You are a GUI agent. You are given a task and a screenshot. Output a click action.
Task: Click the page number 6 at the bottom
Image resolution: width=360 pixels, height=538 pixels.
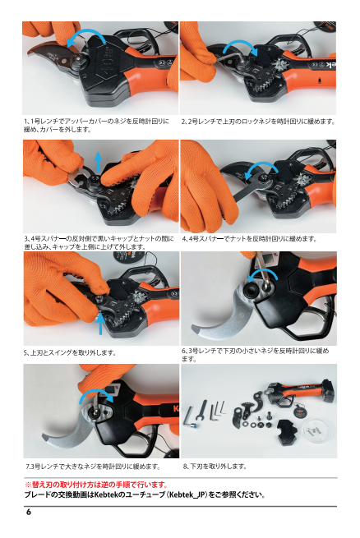tap(29, 512)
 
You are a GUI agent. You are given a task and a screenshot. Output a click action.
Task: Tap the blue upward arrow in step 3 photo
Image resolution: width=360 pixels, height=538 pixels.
tap(98, 161)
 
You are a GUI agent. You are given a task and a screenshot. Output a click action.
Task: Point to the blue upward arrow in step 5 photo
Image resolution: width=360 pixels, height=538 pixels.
tap(100, 324)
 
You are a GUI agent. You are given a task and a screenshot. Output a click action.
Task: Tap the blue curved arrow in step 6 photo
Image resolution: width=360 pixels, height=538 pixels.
tap(262, 270)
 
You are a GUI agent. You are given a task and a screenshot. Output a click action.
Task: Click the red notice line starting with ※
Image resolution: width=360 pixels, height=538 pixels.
tap(96, 485)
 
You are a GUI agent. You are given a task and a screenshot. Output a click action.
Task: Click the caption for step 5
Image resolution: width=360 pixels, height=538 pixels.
tap(70, 352)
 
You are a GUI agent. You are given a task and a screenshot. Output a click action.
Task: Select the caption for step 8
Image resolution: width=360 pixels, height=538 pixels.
tap(215, 467)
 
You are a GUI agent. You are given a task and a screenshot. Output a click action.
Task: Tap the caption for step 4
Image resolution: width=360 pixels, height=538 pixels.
tap(249, 239)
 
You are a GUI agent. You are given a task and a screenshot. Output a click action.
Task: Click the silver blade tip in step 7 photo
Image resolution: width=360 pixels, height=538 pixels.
tap(48, 437)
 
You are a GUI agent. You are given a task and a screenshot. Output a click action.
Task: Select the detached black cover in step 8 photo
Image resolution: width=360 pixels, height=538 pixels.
tap(289, 430)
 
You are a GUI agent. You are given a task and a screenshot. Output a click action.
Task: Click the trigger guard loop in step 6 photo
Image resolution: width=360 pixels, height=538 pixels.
tap(311, 329)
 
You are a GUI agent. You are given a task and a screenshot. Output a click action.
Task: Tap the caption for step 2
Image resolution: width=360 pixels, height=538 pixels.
tap(258, 122)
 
